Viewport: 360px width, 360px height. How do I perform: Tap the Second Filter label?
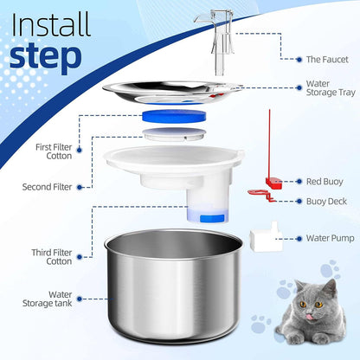(x=47, y=186)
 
